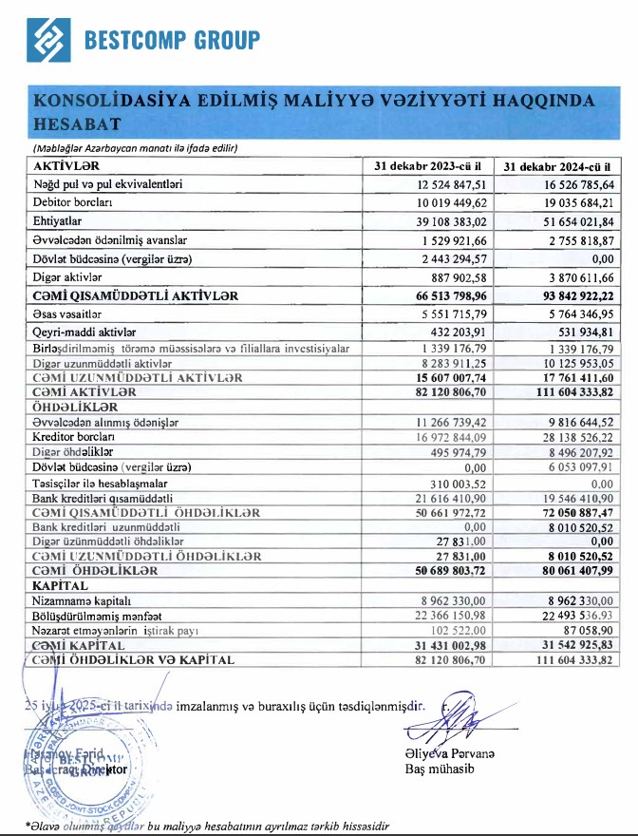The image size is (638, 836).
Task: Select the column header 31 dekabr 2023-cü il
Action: pyautogui.click(x=433, y=165)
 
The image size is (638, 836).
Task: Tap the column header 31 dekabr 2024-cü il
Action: pyautogui.click(x=559, y=165)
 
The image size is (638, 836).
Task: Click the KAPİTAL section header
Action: pyautogui.click(x=61, y=587)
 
